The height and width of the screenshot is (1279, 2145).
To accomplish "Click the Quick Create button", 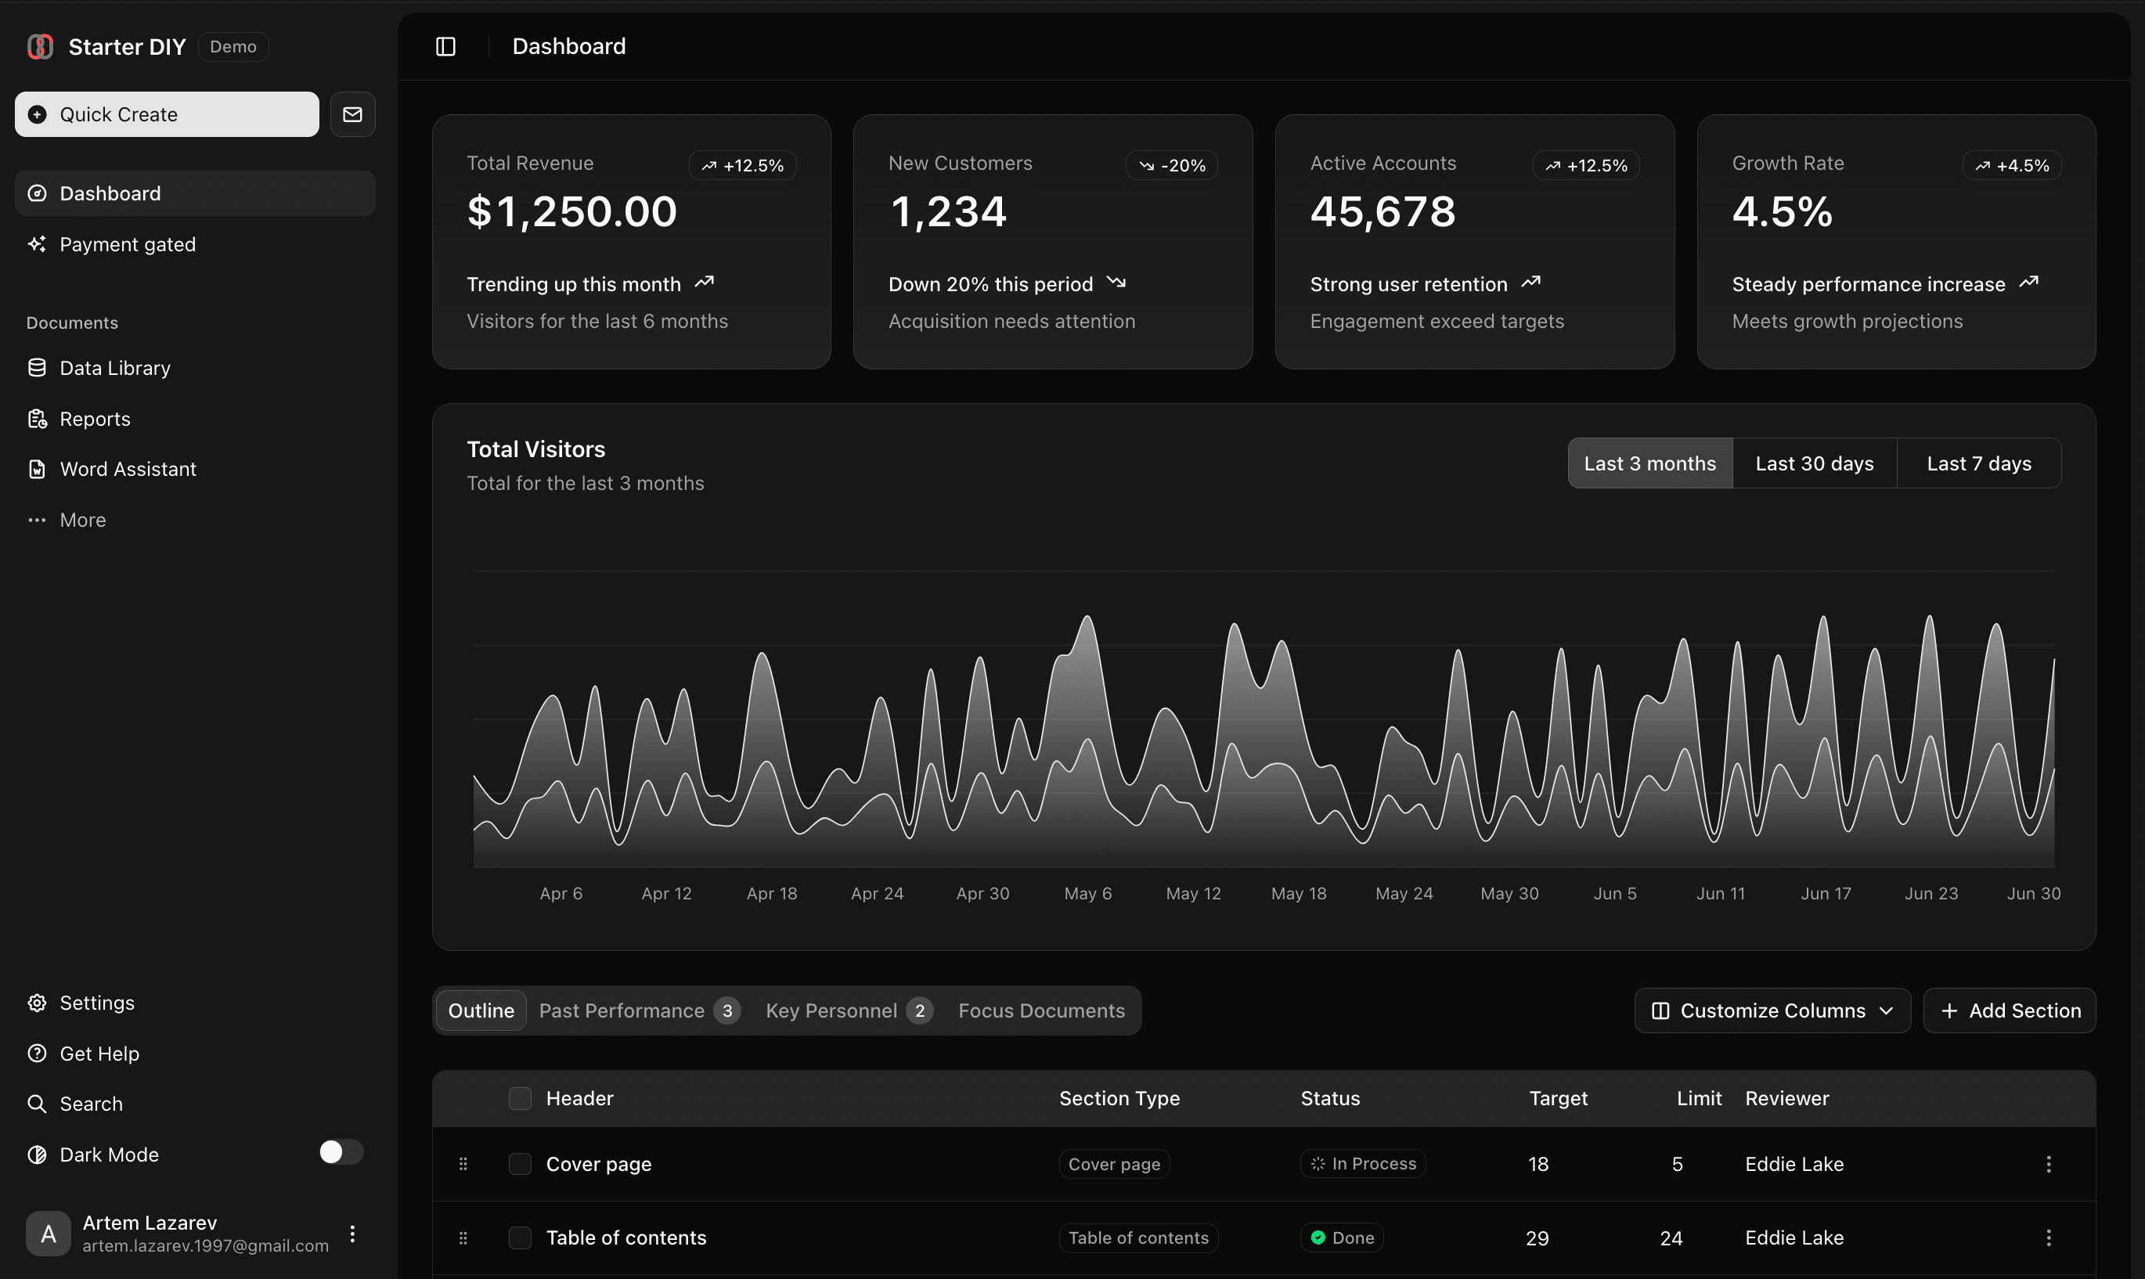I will pyautogui.click(x=166, y=114).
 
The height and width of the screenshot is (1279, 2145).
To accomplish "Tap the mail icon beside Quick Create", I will pyautogui.click(x=352, y=114).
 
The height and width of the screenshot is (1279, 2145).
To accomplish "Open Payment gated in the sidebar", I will pyautogui.click(x=128, y=245).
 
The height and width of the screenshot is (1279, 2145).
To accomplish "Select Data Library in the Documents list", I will pyautogui.click(x=114, y=368).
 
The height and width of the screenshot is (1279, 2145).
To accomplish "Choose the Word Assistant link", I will pyautogui.click(x=128, y=469).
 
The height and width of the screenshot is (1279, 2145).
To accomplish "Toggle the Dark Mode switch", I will pyautogui.click(x=341, y=1152).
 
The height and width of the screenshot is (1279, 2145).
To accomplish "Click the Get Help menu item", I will pyautogui.click(x=99, y=1054).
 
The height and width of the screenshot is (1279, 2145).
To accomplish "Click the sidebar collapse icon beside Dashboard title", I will pyautogui.click(x=445, y=46).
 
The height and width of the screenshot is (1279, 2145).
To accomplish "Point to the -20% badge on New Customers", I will pyautogui.click(x=1171, y=165).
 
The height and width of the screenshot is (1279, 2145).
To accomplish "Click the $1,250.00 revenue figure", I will pyautogui.click(x=572, y=212).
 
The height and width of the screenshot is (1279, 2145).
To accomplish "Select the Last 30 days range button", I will pyautogui.click(x=1814, y=463).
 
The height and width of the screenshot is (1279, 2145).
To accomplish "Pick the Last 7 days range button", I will pyautogui.click(x=1979, y=463).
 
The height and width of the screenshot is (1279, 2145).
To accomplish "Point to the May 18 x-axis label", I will pyautogui.click(x=1298, y=894).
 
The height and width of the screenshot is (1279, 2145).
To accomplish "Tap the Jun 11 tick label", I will pyautogui.click(x=1720, y=894).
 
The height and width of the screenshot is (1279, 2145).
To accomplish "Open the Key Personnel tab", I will pyautogui.click(x=848, y=1010).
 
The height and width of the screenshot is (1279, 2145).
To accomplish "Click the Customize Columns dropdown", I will pyautogui.click(x=1772, y=1010).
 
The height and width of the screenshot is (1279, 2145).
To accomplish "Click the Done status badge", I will pyautogui.click(x=1342, y=1238).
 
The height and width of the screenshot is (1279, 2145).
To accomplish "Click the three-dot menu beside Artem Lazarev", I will pyautogui.click(x=352, y=1234).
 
